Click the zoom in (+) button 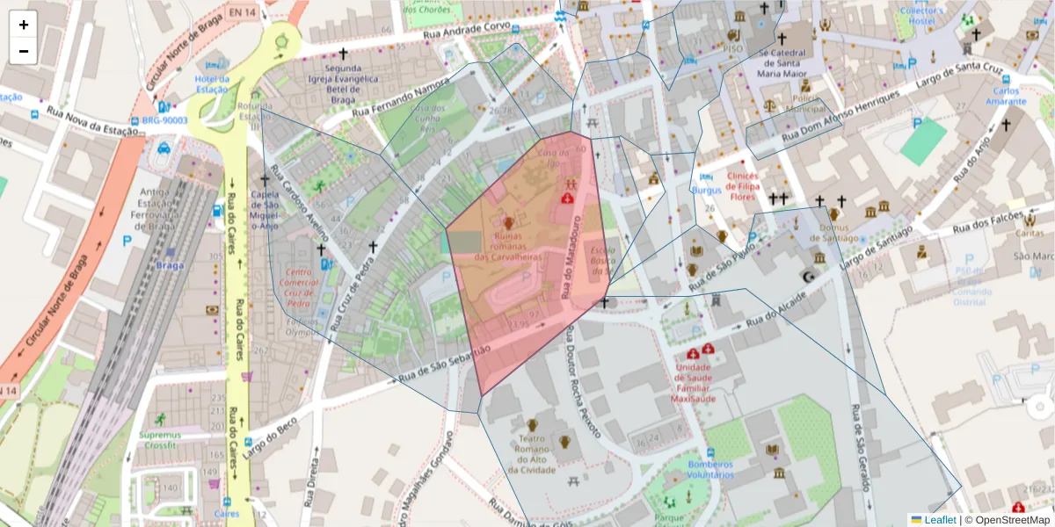point(24,25)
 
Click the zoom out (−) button point(24,51)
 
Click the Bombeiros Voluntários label point(710,470)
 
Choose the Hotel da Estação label point(211,84)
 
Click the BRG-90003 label point(164,120)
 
